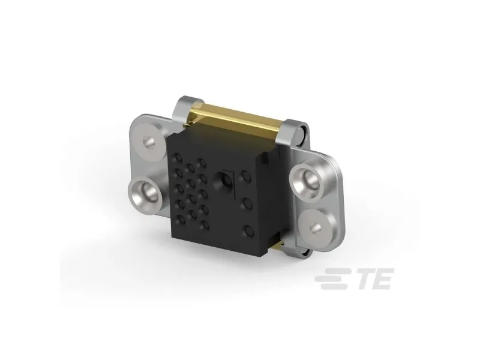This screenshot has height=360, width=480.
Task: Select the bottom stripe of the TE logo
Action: [x=334, y=287]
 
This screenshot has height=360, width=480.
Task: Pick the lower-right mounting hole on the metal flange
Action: [x=314, y=226]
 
